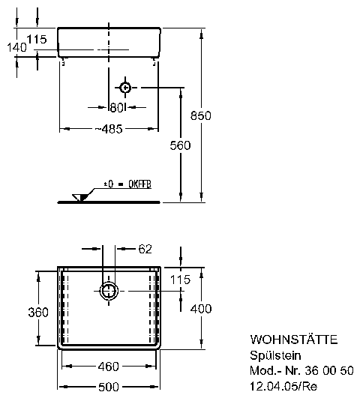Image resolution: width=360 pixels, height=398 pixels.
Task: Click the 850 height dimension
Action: pyautogui.click(x=201, y=115)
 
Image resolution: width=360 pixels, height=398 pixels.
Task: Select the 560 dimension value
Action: pyautogui.click(x=180, y=145)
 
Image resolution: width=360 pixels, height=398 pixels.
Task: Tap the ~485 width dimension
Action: pyautogui.click(x=109, y=129)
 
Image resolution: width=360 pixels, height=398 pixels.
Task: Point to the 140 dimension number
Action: pyautogui.click(x=16, y=47)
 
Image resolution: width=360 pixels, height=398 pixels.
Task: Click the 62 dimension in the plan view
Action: pyautogui.click(x=145, y=249)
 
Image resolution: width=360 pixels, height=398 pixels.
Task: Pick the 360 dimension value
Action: pyautogui.click(x=38, y=313)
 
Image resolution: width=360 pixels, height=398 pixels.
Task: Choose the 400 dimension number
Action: pyautogui.click(x=201, y=309)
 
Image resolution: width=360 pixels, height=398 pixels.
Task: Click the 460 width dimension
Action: pyautogui.click(x=109, y=367)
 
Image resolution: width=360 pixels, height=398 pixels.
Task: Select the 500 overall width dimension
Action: pyautogui.click(x=109, y=387)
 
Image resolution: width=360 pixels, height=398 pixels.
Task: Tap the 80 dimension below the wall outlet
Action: pyautogui.click(x=117, y=108)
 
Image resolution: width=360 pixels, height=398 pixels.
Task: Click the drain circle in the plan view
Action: pyautogui.click(x=109, y=291)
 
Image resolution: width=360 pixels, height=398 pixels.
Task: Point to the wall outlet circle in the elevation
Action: pyautogui.click(x=125, y=88)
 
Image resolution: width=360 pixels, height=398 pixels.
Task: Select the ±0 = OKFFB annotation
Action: pyautogui.click(x=127, y=184)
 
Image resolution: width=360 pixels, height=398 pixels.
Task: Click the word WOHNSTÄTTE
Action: pyautogui.click(x=294, y=340)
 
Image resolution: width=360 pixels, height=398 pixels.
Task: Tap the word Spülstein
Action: pyautogui.click(x=275, y=355)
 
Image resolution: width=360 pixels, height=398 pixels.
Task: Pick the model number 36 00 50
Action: pyautogui.click(x=329, y=370)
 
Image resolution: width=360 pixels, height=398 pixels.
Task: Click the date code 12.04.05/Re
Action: pyautogui.click(x=283, y=386)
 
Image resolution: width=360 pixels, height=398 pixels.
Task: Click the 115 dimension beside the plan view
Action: pyautogui.click(x=180, y=280)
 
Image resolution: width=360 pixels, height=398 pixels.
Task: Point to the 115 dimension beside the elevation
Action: pyautogui.click(x=37, y=39)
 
